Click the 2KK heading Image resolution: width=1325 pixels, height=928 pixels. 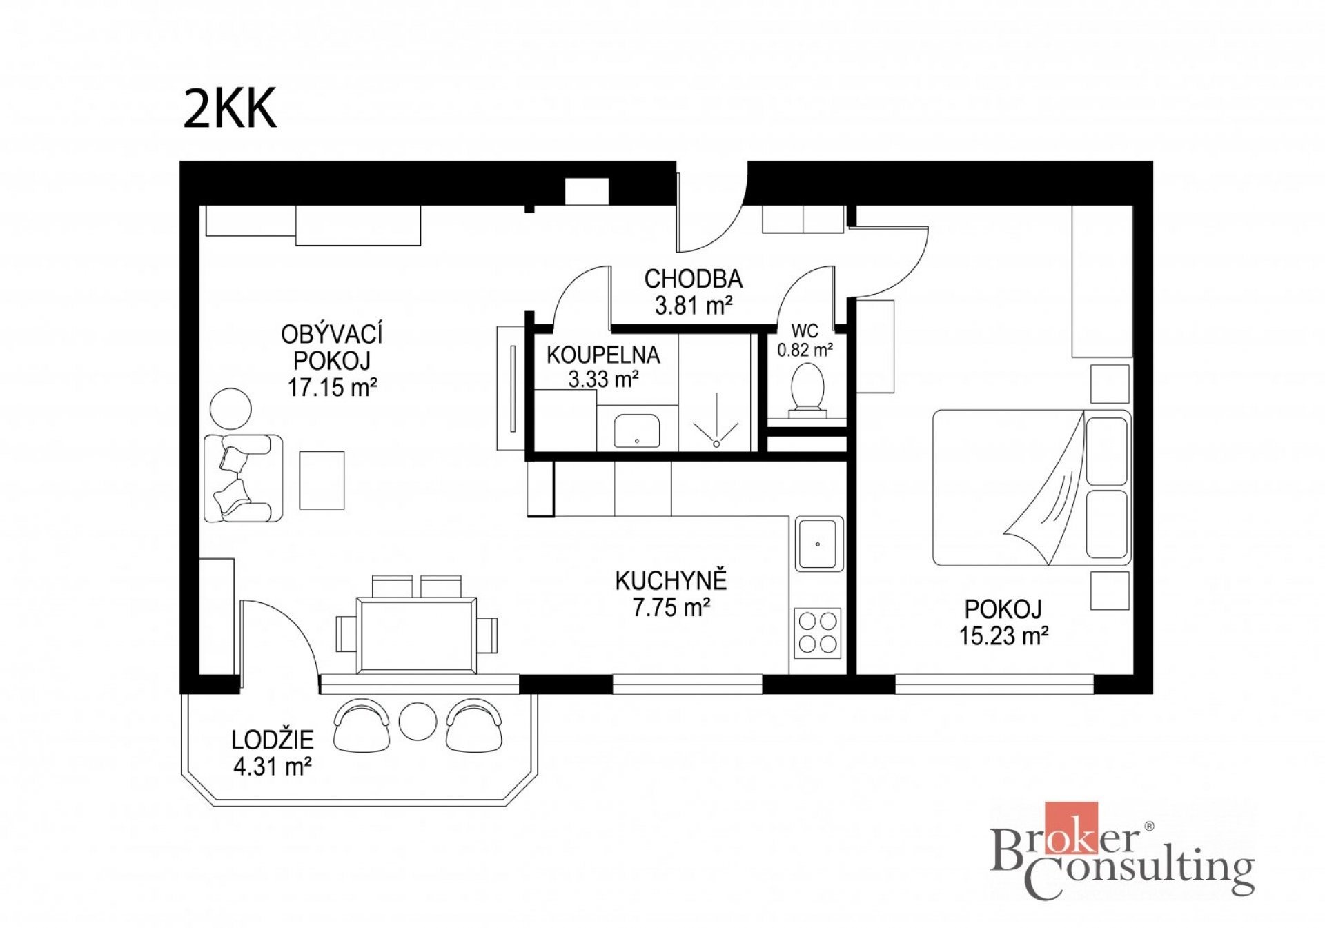click(x=230, y=108)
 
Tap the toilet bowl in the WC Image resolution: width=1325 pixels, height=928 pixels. click(x=807, y=390)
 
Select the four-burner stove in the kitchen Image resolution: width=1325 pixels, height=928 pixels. click(x=818, y=633)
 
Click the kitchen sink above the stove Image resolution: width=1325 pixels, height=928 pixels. click(x=818, y=544)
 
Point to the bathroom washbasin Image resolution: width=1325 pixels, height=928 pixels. click(x=636, y=431)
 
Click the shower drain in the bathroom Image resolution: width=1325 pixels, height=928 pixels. click(x=716, y=444)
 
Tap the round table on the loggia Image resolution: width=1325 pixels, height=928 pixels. click(x=418, y=721)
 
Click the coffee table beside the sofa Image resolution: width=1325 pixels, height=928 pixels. click(x=322, y=480)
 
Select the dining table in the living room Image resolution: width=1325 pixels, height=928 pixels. click(x=416, y=635)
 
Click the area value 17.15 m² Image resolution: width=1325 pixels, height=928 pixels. click(x=332, y=387)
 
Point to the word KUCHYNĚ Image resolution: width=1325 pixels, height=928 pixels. click(x=671, y=581)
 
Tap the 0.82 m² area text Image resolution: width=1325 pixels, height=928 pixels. click(x=805, y=350)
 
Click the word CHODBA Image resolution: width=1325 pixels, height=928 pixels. click(x=694, y=279)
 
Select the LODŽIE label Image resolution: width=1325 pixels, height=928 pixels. click(x=273, y=740)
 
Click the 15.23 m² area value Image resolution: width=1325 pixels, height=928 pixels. click(x=1003, y=635)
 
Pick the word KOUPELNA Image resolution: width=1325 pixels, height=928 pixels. click(x=603, y=355)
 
